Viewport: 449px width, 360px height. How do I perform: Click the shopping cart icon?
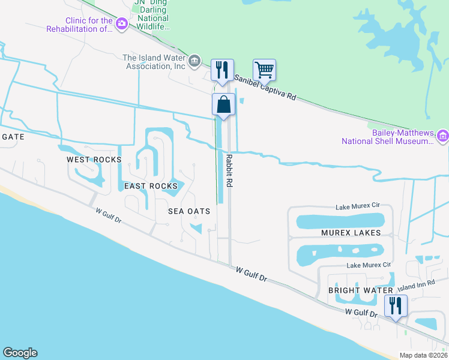264,70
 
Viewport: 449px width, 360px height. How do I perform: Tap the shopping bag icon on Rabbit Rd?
223,104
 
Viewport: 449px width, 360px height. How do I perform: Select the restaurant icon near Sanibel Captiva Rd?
222,70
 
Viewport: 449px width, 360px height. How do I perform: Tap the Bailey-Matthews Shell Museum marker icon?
443,136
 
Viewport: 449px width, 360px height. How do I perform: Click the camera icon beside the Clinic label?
122,23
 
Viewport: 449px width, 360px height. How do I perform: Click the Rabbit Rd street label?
229,172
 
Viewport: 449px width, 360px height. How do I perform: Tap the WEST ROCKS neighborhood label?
94,160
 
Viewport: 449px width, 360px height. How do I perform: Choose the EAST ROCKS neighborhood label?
151,186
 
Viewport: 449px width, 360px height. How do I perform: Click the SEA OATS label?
188,211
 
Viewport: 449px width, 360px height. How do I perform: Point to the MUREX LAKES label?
351,233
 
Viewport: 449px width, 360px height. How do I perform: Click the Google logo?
20,353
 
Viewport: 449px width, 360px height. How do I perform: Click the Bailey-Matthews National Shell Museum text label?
387,137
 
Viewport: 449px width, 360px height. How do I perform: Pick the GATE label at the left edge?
13,137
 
